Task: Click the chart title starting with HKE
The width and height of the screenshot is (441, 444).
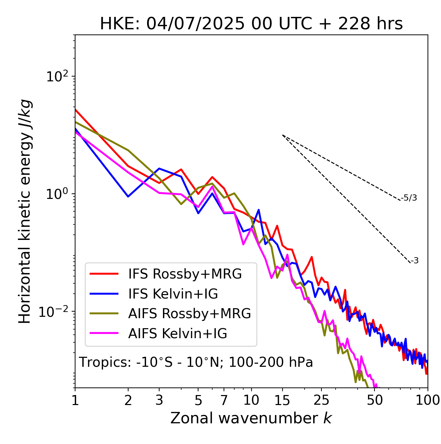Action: (251, 24)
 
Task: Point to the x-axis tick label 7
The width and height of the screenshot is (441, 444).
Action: (224, 400)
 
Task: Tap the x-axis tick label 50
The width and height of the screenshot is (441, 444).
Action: (375, 400)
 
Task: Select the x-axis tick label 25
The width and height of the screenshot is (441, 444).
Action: (321, 400)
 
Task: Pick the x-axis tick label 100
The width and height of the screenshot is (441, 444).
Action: (428, 400)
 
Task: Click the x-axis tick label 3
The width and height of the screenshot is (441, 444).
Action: (159, 400)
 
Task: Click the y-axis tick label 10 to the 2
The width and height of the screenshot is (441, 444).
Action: (58, 77)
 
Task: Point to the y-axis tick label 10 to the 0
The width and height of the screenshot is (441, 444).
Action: (58, 194)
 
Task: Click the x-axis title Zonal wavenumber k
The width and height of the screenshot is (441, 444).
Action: (251, 418)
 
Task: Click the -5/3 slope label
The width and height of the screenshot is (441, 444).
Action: (409, 198)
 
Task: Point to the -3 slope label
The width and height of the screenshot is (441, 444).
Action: (415, 261)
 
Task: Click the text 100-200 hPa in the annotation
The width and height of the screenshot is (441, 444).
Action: (271, 362)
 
